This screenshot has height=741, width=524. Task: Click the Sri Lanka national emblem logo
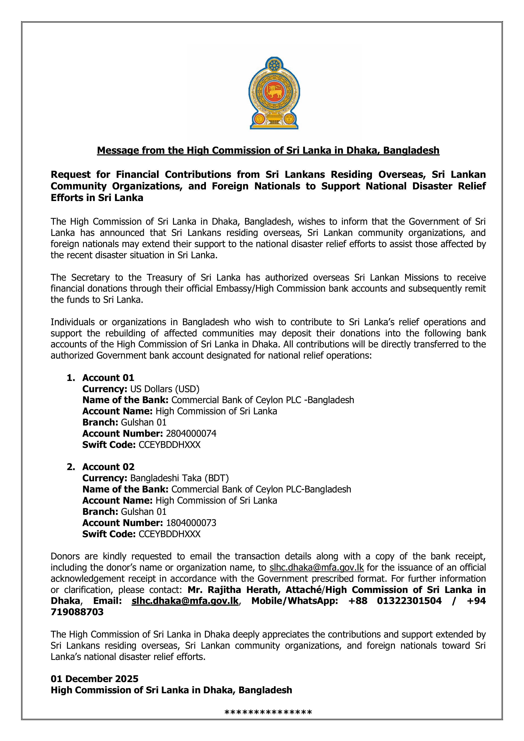pyautogui.click(x=274, y=93)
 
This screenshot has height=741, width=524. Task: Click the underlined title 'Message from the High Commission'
pyautogui.click(x=268, y=150)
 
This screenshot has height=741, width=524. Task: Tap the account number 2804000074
pyautogui.click(x=191, y=434)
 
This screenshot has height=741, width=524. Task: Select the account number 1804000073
pyautogui.click(x=191, y=523)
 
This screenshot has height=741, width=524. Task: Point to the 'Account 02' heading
pyautogui.click(x=108, y=467)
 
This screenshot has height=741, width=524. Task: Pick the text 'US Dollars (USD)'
pyautogui.click(x=165, y=389)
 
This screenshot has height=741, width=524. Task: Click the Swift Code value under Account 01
pyautogui.click(x=170, y=445)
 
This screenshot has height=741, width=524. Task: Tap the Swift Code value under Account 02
pyautogui.click(x=170, y=534)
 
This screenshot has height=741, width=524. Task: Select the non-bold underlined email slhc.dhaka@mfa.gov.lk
pyautogui.click(x=316, y=567)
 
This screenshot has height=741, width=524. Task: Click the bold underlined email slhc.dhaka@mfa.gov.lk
pyautogui.click(x=185, y=601)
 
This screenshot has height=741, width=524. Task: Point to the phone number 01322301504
pyautogui.click(x=409, y=601)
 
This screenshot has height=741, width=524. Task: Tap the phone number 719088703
pyautogui.click(x=77, y=612)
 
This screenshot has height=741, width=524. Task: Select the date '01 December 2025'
pyautogui.click(x=95, y=679)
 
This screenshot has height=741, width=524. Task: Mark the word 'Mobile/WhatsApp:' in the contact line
pyautogui.click(x=295, y=601)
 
